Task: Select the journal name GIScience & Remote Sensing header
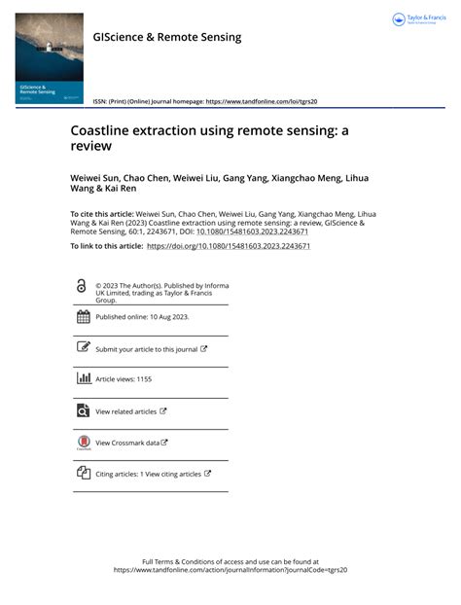pos(166,37)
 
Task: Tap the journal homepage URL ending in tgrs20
pos(260,101)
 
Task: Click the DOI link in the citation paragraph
pos(252,232)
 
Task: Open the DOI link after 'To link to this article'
pos(228,247)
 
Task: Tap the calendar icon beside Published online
pos(83,317)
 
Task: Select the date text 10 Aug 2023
pos(166,317)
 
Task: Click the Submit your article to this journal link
pos(146,348)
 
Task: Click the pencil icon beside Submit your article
pos(83,348)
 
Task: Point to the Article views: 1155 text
pos(124,378)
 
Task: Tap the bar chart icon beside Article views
pos(83,378)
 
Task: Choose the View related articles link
pos(126,411)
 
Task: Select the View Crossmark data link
pos(127,443)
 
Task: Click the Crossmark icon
pos(83,443)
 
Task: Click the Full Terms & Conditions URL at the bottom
pos(230,570)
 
